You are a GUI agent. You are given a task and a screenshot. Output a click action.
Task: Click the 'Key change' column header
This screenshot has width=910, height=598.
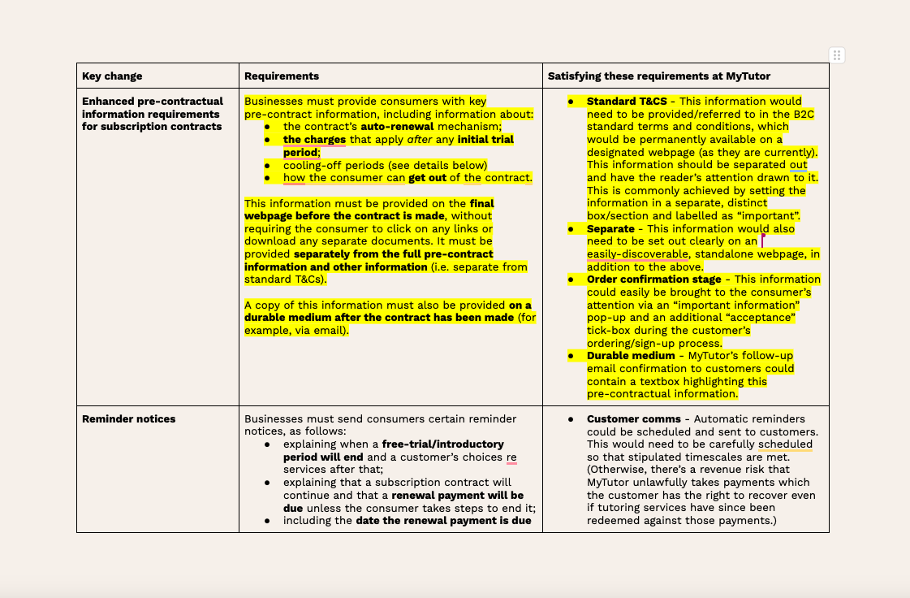[x=112, y=76]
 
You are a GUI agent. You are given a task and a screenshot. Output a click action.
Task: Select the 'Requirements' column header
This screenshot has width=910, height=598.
[x=282, y=76]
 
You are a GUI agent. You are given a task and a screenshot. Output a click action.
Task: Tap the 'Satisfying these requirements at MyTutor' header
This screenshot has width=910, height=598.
[x=659, y=76]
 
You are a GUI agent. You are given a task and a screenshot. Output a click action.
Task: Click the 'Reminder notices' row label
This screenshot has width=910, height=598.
[x=129, y=419]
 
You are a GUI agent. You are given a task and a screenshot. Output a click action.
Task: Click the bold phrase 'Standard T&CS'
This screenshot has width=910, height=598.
[x=627, y=102]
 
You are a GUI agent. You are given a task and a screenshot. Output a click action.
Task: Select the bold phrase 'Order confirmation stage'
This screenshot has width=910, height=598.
[x=654, y=279]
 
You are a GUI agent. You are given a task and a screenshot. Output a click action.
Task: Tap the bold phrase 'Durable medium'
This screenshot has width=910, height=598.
[x=631, y=356]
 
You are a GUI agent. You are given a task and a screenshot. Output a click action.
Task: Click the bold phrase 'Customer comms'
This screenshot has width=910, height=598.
[x=634, y=419]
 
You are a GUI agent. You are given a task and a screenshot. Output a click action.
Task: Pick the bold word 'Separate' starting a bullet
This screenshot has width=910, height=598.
[x=610, y=229]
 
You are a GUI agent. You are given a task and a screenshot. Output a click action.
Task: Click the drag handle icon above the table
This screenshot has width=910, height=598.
[x=837, y=55]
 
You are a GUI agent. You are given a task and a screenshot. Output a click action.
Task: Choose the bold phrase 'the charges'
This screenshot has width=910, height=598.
[x=314, y=140]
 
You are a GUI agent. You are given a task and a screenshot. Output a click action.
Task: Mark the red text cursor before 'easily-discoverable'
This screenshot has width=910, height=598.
[x=762, y=240]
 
